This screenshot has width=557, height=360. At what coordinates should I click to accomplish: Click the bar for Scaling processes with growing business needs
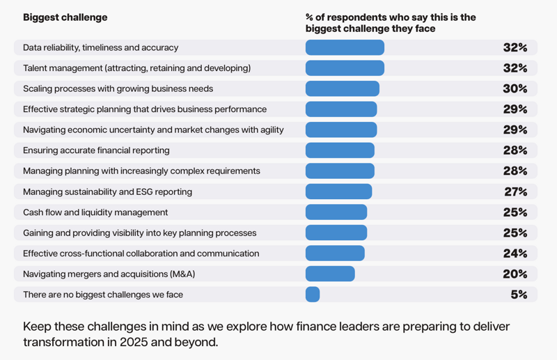pyautogui.click(x=342, y=88)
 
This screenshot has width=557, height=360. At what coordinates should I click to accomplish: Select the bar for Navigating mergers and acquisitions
pyautogui.click(x=330, y=274)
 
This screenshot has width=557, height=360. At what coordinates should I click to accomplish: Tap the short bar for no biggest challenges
pyautogui.click(x=313, y=295)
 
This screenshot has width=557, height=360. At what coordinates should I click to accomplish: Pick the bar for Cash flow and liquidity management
pyautogui.click(x=336, y=212)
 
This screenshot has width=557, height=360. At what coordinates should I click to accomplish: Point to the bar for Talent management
pyautogui.click(x=345, y=68)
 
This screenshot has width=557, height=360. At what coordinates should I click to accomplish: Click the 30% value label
pyautogui.click(x=515, y=88)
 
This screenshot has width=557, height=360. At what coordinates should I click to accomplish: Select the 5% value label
pyautogui.click(x=519, y=295)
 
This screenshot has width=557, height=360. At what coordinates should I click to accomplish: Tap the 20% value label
pyautogui.click(x=515, y=274)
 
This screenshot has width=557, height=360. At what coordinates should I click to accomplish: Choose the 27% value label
pyautogui.click(x=516, y=191)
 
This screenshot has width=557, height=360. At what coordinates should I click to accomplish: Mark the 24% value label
pyautogui.click(x=515, y=253)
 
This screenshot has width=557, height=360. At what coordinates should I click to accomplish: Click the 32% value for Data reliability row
pyautogui.click(x=515, y=47)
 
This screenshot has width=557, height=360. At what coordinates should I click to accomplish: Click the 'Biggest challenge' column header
pyautogui.click(x=65, y=17)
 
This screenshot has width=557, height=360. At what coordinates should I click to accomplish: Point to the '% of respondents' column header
pyautogui.click(x=391, y=23)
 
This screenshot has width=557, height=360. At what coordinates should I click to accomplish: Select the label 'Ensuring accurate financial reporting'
pyautogui.click(x=96, y=150)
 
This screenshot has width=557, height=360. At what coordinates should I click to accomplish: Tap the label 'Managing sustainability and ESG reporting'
pyautogui.click(x=107, y=191)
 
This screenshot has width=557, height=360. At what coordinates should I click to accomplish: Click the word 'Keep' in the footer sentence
pyautogui.click(x=36, y=326)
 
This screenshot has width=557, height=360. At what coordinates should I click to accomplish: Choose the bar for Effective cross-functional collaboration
pyautogui.click(x=335, y=253)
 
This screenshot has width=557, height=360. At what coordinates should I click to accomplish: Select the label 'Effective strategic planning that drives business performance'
pyautogui.click(x=145, y=109)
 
